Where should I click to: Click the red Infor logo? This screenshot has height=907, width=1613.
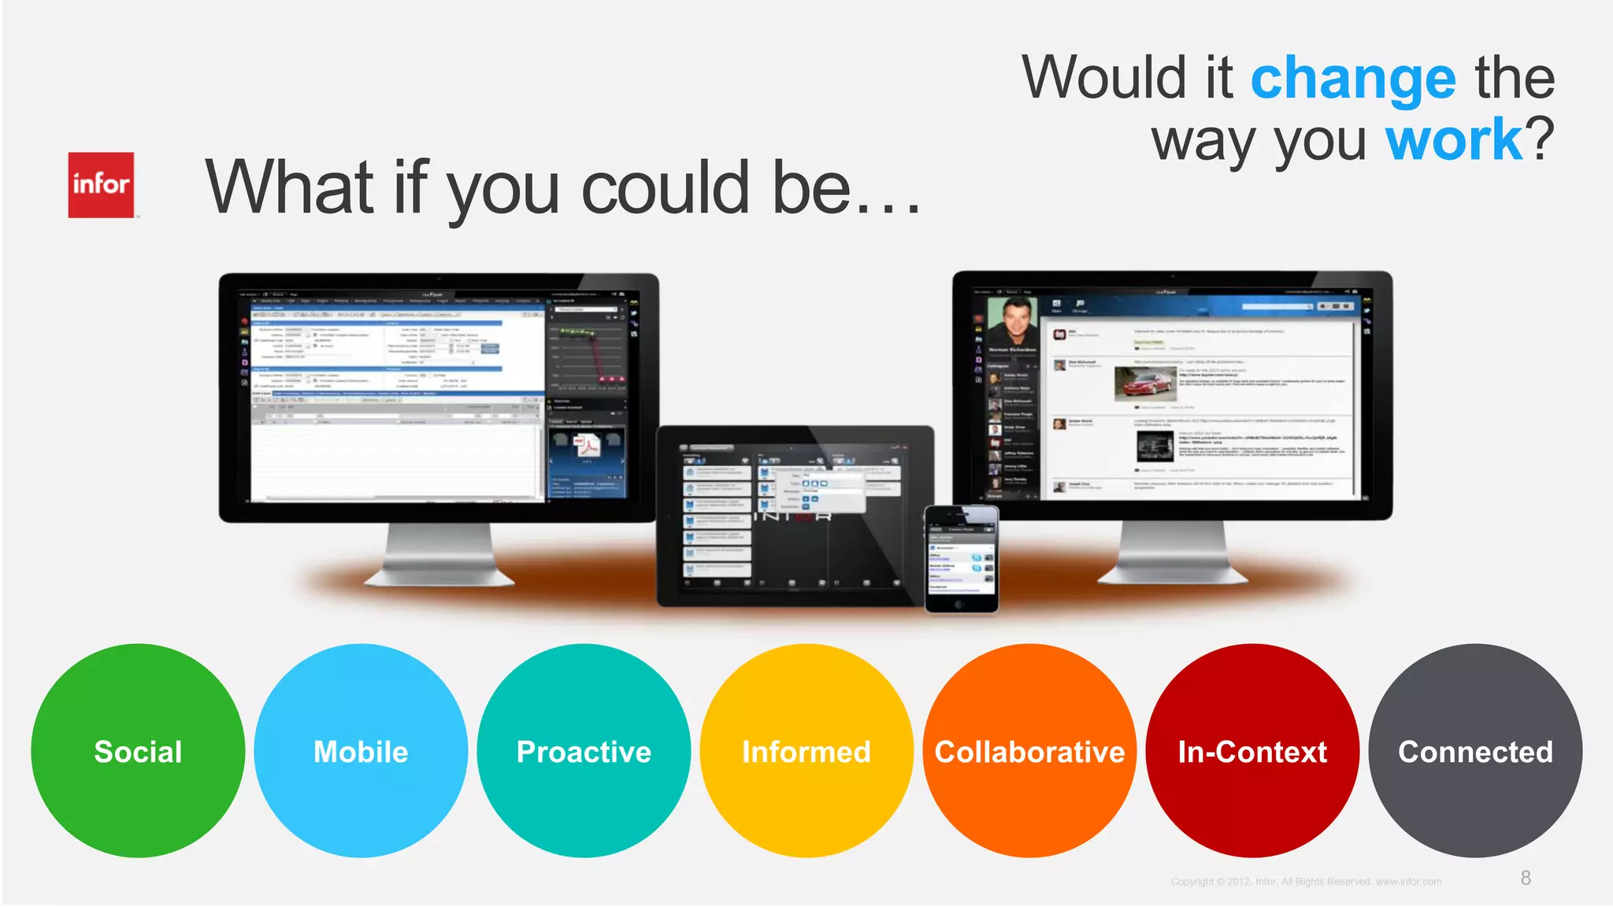point(101,185)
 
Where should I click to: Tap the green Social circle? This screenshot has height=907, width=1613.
point(138,750)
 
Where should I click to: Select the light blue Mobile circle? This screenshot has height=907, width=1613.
point(361,750)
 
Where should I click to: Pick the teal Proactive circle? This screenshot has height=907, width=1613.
point(584,750)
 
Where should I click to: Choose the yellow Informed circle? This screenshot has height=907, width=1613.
point(806,750)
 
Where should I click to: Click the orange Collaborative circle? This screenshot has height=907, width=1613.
point(1029,750)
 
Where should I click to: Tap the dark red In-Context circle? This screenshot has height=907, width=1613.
point(1252,750)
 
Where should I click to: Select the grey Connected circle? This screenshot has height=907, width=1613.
point(1475,750)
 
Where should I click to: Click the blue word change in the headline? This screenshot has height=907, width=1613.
point(1353,80)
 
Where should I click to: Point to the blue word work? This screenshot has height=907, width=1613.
point(1454,140)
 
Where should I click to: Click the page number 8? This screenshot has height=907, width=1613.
point(1526,878)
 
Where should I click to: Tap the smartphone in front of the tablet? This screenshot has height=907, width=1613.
point(961,559)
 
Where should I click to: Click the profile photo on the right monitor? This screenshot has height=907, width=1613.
point(1013,320)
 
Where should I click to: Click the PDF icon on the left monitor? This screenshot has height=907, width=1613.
point(587,446)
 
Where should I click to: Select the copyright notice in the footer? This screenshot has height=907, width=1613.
point(1306,882)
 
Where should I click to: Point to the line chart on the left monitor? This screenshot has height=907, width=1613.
point(587,354)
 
